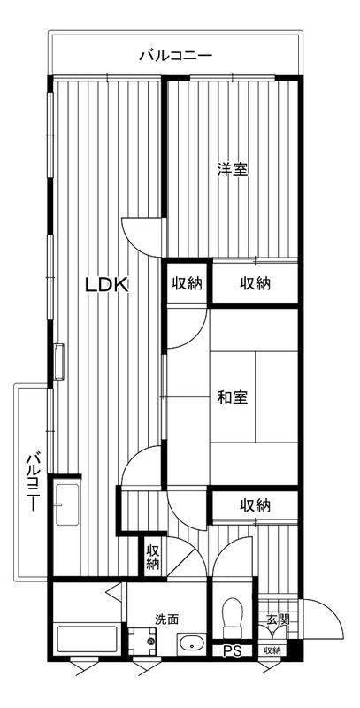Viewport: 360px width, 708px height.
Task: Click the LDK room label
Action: point(107,284)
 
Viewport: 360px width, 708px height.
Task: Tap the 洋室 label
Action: point(233,169)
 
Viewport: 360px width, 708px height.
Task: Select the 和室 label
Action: point(233,397)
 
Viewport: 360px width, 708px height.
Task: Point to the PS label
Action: point(233,651)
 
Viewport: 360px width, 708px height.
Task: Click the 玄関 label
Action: point(277,619)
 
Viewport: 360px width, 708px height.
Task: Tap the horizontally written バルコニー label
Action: point(175,56)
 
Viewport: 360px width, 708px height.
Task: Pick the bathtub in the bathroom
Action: point(88,638)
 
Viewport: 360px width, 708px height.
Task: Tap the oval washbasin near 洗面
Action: point(192,643)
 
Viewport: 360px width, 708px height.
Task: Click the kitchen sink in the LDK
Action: point(67,504)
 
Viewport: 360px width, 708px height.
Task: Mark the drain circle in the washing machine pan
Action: point(150,640)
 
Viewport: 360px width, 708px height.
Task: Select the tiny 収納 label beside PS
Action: point(272,650)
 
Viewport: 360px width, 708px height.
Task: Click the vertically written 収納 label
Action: point(153,558)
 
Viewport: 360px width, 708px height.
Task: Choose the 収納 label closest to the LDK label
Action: point(186,283)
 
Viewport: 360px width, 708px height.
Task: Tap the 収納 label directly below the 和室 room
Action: point(255,505)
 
